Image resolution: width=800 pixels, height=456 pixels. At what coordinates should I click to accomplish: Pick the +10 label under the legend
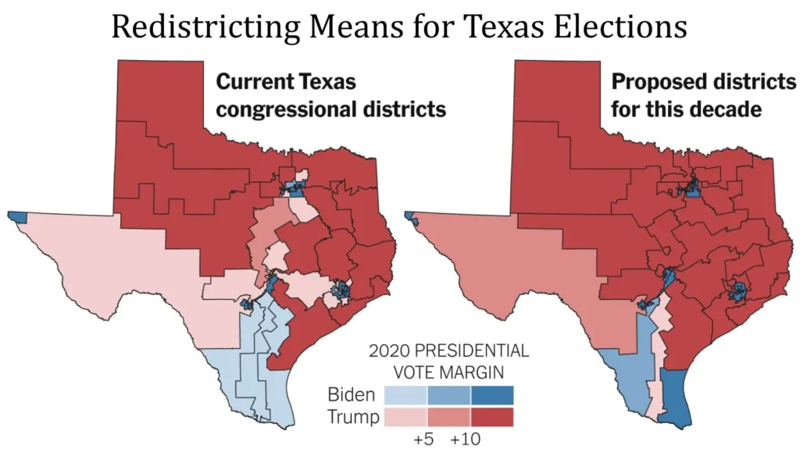point(467,438)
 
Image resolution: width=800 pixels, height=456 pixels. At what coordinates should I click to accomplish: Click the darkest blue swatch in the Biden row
point(491,395)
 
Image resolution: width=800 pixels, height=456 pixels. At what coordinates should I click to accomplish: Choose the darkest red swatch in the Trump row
point(491,417)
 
